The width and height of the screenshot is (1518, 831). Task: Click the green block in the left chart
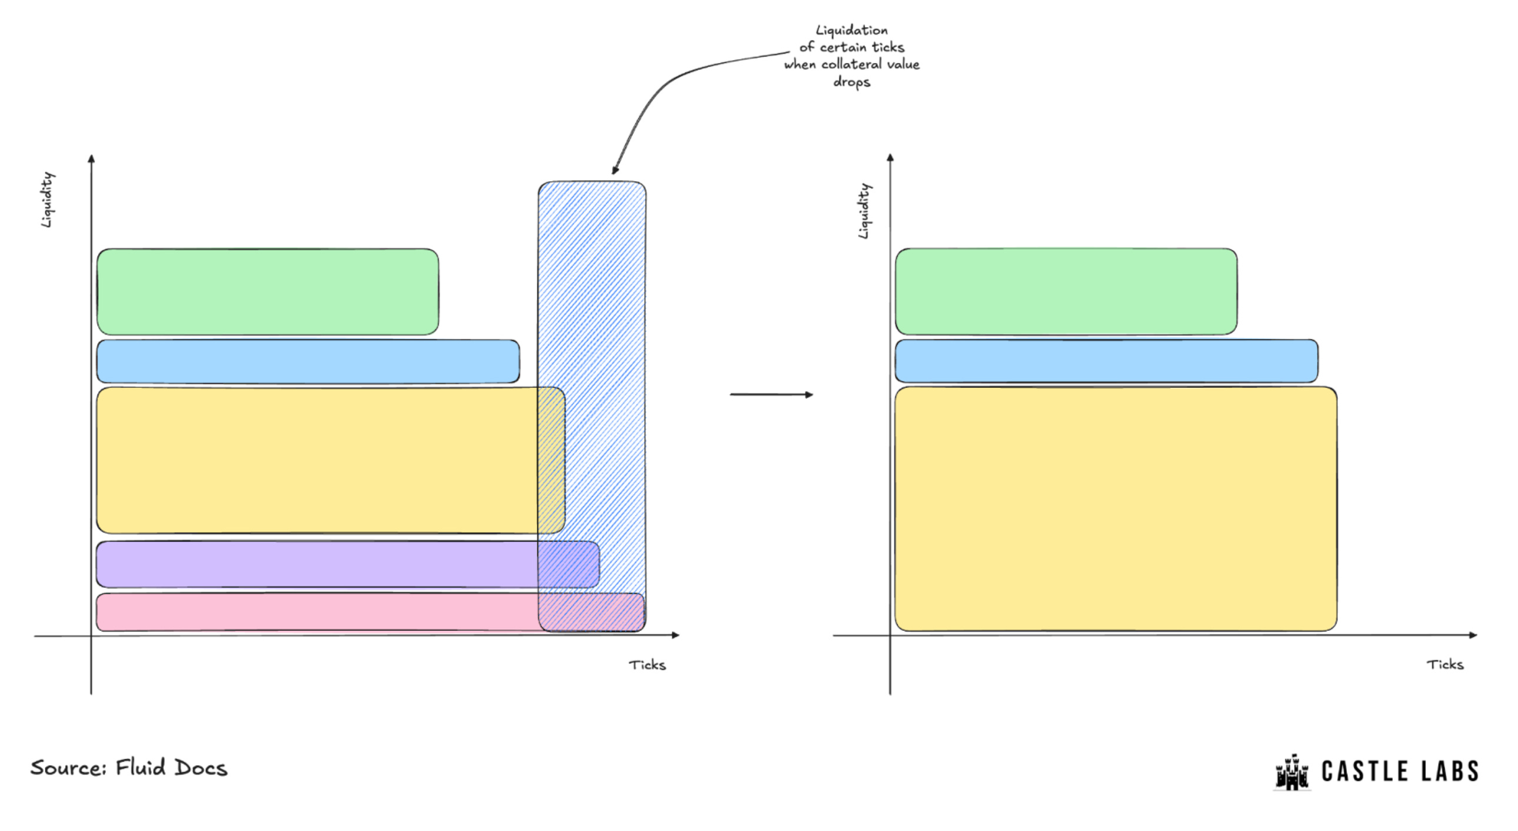pos(268,292)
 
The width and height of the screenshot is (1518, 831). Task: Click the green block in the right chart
pos(1066,292)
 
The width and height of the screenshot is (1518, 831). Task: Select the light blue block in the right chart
pos(1106,361)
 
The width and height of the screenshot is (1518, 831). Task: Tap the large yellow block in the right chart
pos(1116,508)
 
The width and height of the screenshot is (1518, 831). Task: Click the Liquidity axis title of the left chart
pos(47,199)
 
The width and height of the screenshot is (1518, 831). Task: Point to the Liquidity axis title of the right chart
pos(864,211)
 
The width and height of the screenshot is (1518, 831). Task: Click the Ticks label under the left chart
pos(647,665)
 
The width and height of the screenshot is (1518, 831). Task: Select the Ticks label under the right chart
pos(1444,664)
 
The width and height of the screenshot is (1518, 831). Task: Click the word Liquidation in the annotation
pos(851,30)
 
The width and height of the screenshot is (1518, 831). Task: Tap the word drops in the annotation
pos(851,82)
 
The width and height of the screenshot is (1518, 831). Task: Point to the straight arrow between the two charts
pos(771,394)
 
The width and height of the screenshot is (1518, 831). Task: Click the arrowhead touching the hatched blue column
pos(615,169)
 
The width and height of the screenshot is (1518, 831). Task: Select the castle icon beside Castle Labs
pos(1291,772)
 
